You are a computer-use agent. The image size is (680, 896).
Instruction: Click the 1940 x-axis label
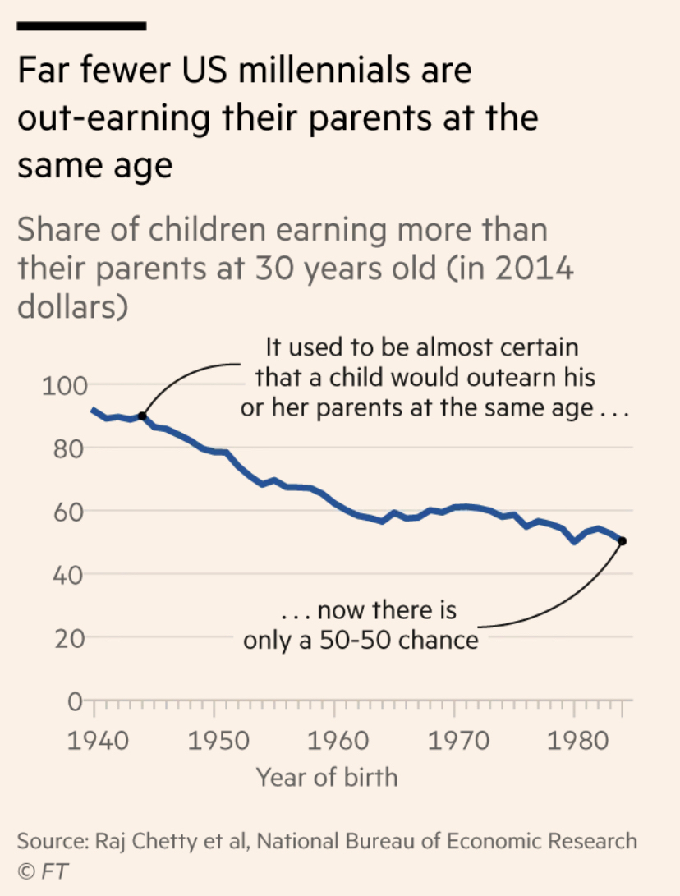pyautogui.click(x=95, y=739)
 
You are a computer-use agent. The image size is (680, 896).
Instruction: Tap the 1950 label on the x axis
pyautogui.click(x=215, y=739)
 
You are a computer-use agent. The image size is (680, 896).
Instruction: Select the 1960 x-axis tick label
pyautogui.click(x=335, y=739)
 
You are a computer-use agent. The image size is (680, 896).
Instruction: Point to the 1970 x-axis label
pyautogui.click(x=455, y=739)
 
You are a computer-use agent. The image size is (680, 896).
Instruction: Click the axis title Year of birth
pyautogui.click(x=327, y=776)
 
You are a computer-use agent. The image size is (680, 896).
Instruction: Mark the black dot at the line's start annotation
pyautogui.click(x=142, y=416)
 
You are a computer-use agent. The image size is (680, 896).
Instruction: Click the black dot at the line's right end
pyautogui.click(x=622, y=541)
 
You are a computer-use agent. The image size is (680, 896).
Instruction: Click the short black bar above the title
pyautogui.click(x=81, y=26)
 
